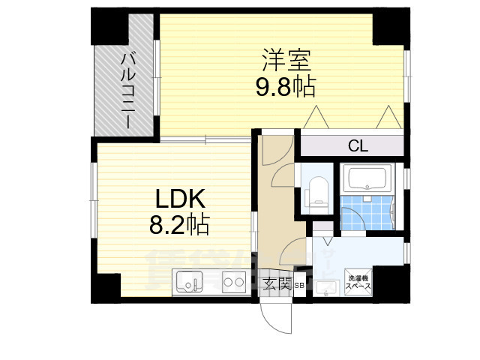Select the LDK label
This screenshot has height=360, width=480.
pyautogui.click(x=180, y=199)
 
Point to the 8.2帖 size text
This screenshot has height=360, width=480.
pyautogui.click(x=179, y=223)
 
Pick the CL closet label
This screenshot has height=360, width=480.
pyautogui.click(x=358, y=146)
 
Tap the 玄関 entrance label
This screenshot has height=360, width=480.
pyautogui.click(x=277, y=283)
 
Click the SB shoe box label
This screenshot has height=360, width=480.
pyautogui.click(x=298, y=285)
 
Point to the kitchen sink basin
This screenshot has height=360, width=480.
pyautogui.click(x=189, y=283)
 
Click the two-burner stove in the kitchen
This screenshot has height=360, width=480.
pyautogui.click(x=235, y=283)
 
